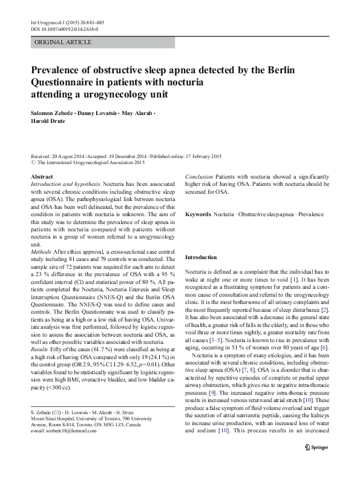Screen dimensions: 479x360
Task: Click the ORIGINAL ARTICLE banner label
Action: pos(64,42)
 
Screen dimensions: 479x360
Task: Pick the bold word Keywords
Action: pos(198,215)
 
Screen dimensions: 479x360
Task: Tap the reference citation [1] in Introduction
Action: pos(293,285)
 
